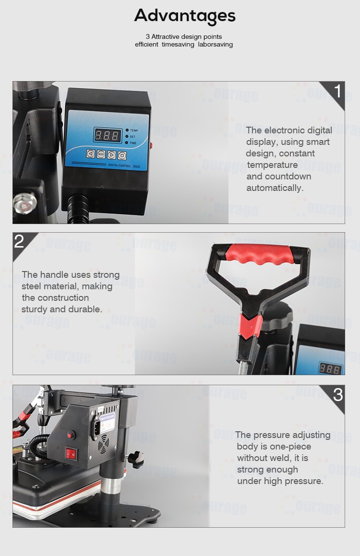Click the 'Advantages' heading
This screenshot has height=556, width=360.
(x=185, y=16)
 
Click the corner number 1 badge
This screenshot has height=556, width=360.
(x=337, y=91)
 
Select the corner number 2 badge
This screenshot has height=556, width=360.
(x=19, y=241)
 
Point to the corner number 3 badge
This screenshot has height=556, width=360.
(x=338, y=394)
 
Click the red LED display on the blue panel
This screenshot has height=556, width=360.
(x=107, y=135)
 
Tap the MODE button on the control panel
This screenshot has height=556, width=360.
(x=101, y=154)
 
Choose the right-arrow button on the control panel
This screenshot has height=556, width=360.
(x=111, y=154)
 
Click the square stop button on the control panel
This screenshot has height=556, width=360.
(x=122, y=155)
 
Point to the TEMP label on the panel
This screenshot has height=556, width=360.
(x=134, y=130)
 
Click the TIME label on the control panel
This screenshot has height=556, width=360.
(x=133, y=143)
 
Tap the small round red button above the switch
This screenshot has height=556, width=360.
(x=72, y=435)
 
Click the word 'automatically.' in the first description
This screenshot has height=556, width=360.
(x=275, y=188)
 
